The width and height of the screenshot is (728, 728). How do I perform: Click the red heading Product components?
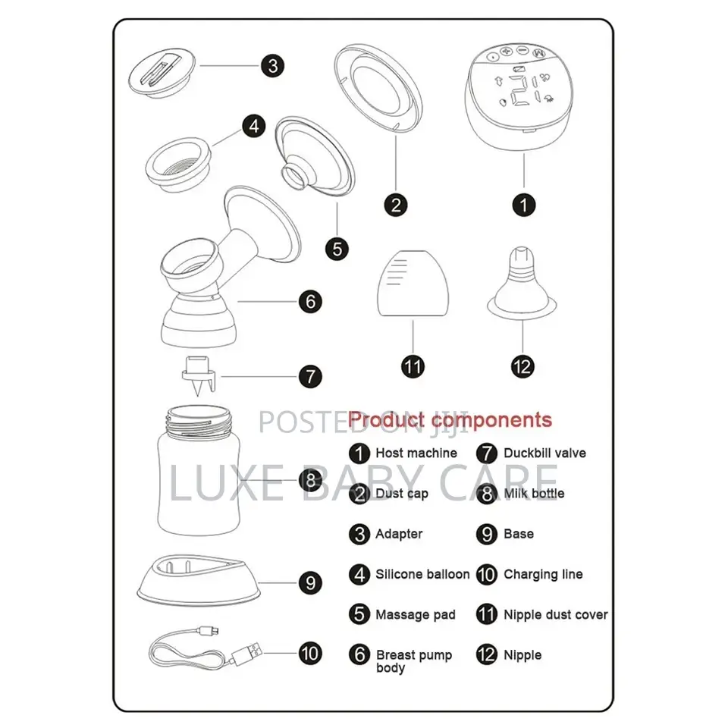450,420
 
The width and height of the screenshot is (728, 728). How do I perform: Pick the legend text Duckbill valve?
544,453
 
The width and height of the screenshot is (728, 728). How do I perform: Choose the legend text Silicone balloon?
422,574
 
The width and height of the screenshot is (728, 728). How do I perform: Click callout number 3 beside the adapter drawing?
272,66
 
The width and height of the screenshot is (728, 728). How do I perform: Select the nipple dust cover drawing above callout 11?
413,284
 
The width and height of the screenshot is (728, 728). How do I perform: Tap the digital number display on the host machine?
524,89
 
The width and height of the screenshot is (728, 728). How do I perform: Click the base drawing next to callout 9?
198,580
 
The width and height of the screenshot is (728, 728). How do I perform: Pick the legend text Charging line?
543,574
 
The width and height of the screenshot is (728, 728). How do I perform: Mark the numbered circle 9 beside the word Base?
487,534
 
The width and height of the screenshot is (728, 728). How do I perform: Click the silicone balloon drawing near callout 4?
178,165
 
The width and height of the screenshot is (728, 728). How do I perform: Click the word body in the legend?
391,668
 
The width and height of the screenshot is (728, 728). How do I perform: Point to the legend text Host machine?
416,453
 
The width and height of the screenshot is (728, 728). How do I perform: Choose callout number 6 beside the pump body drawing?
311,301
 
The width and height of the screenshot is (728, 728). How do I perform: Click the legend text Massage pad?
416,615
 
